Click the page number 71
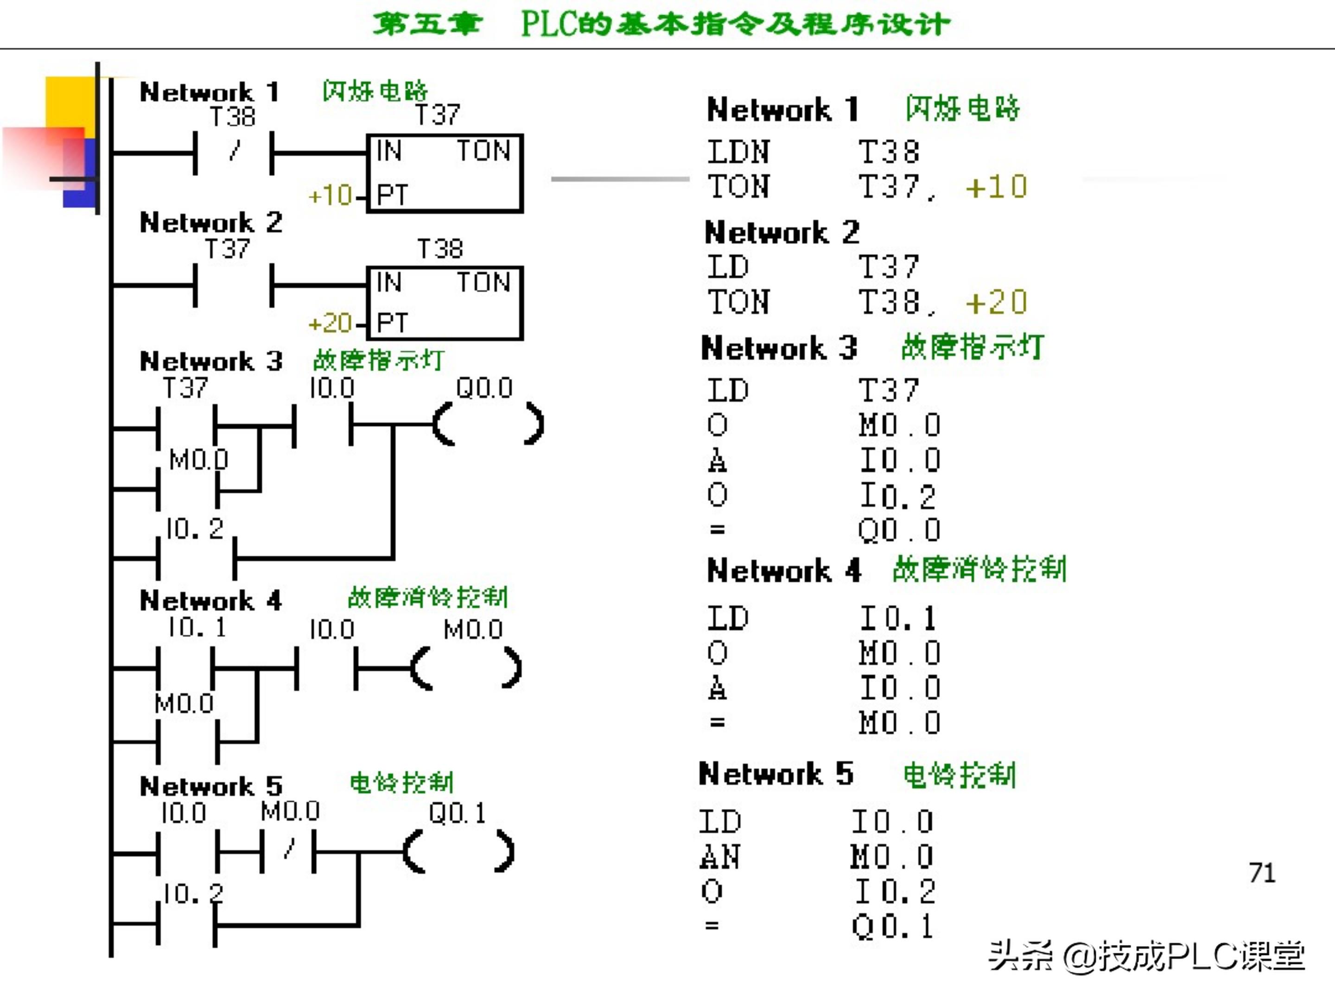[x=1262, y=873]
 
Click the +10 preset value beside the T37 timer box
[x=330, y=196]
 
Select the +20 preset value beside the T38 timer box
[x=330, y=323]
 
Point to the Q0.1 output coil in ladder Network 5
[x=459, y=851]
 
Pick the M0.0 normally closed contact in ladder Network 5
[x=288, y=851]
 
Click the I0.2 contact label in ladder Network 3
[x=194, y=529]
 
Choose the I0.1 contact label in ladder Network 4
[x=197, y=627]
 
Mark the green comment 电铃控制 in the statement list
[x=960, y=775]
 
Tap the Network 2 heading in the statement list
[x=782, y=232]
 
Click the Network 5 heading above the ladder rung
[x=211, y=786]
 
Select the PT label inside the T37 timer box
[x=392, y=195]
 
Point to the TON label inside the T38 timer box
[x=483, y=282]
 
